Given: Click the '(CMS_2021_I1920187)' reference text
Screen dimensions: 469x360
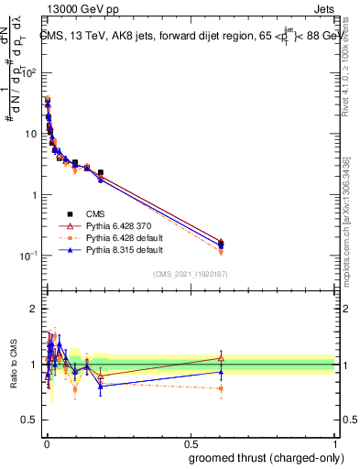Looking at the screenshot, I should tap(190, 275).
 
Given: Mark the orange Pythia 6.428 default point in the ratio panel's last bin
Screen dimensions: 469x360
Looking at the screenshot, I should tap(221, 388).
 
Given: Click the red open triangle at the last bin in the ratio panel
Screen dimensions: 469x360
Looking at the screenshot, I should tap(221, 357).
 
